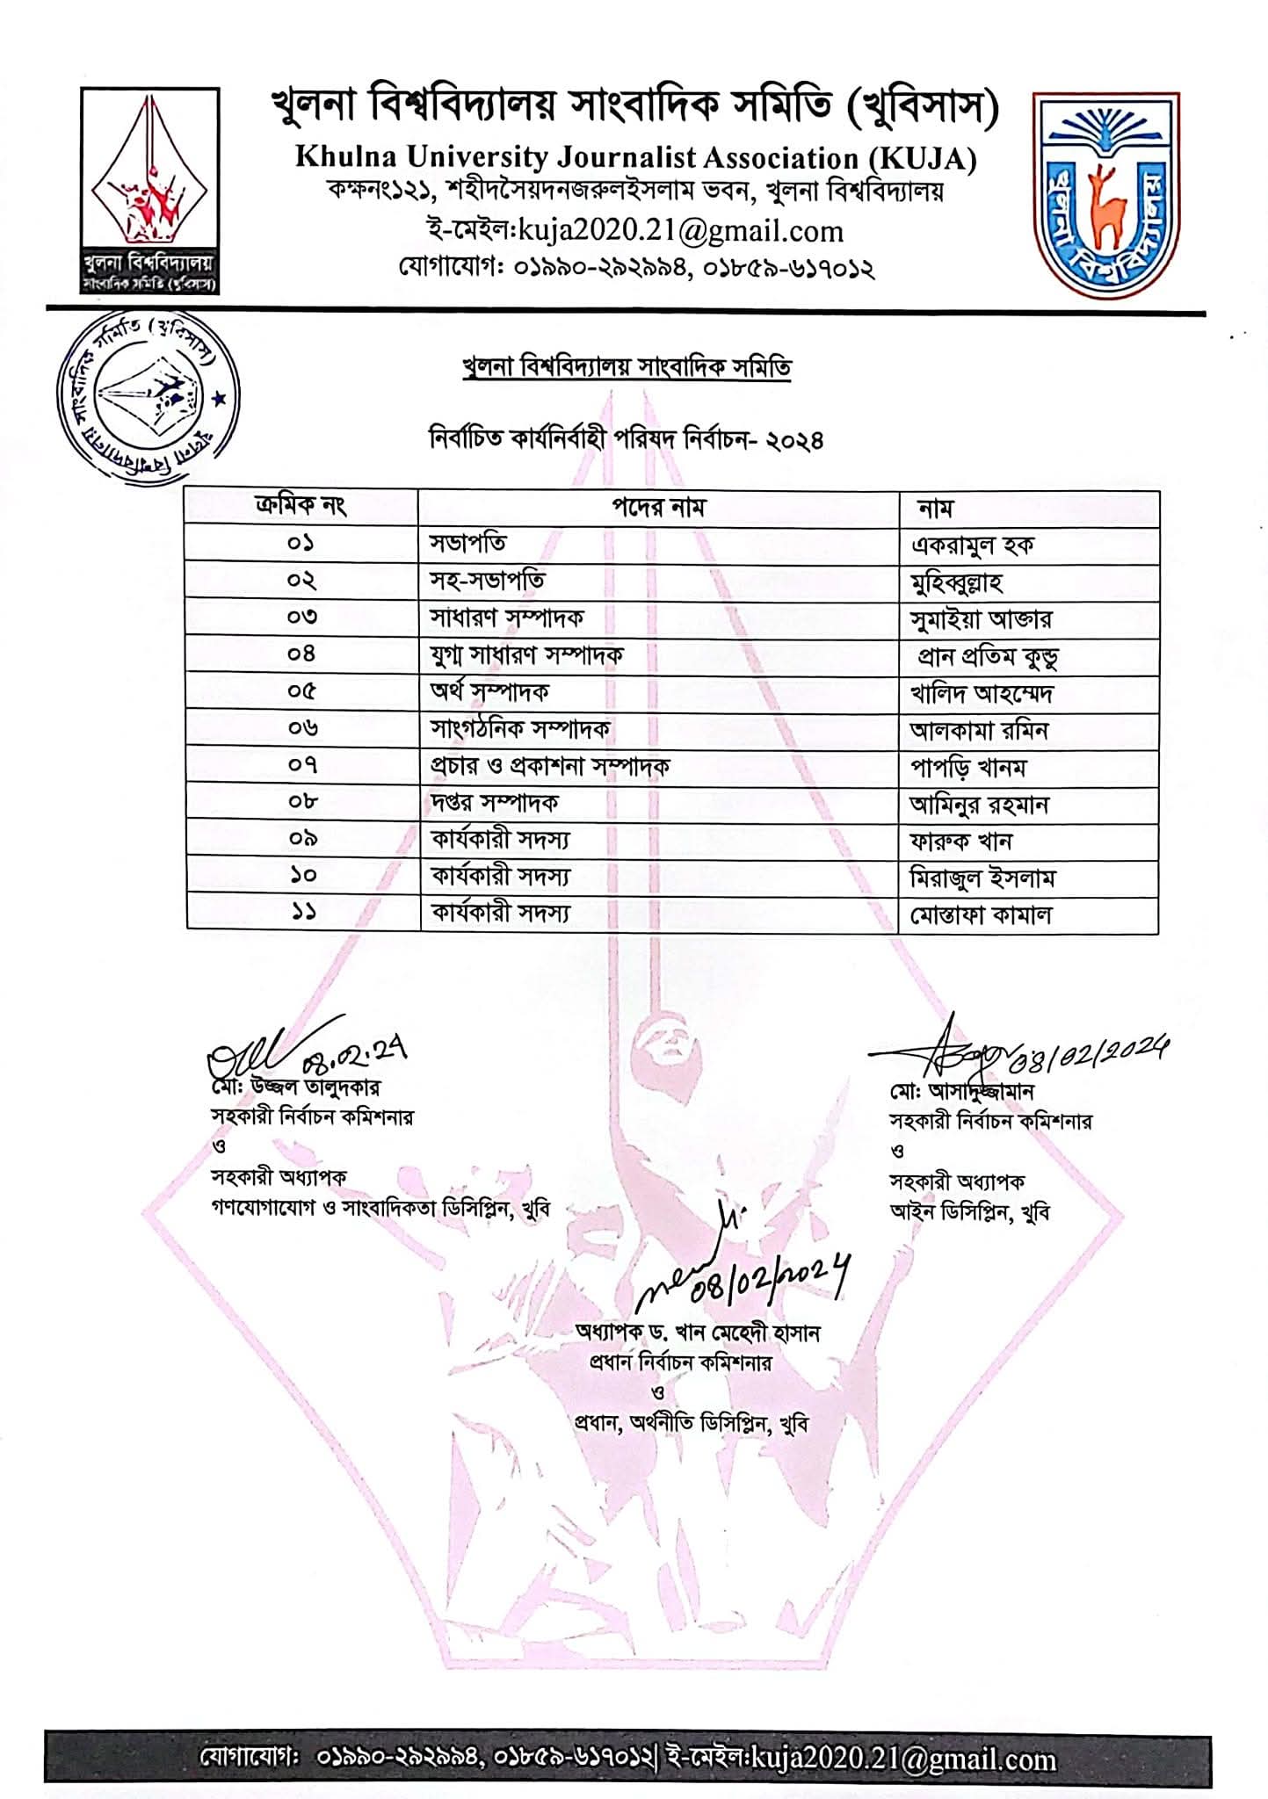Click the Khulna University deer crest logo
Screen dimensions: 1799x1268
(1105, 195)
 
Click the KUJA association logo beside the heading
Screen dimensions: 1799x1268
(149, 190)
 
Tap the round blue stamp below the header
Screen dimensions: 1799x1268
(148, 396)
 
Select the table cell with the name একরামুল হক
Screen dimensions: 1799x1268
(972, 545)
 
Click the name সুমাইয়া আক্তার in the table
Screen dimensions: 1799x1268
(981, 619)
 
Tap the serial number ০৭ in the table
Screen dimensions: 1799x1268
(301, 765)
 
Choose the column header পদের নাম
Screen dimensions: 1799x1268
(658, 508)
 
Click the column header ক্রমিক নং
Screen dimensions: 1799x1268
(301, 507)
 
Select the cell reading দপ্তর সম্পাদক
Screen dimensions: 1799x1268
(494, 802)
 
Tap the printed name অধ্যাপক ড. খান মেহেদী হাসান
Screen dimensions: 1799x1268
(697, 1333)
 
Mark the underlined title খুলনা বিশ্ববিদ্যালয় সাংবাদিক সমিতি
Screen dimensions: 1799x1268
(626, 367)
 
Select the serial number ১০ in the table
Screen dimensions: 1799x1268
(301, 876)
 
